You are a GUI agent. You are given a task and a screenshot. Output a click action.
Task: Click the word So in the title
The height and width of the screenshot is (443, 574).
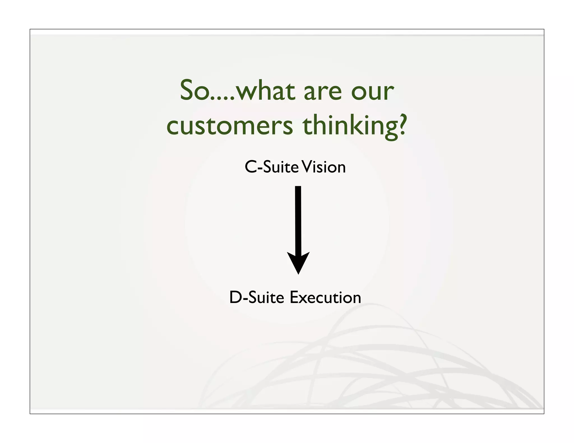click(194, 90)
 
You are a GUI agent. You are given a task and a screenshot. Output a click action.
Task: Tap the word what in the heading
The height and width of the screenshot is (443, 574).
click(265, 90)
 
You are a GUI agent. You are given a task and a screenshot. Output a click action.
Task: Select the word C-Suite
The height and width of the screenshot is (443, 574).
click(272, 167)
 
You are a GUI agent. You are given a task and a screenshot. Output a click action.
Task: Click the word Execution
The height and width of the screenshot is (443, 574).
click(325, 297)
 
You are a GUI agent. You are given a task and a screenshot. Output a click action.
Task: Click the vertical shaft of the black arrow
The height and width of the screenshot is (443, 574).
click(298, 218)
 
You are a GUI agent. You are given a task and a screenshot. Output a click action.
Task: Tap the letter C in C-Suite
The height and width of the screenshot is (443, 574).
click(251, 167)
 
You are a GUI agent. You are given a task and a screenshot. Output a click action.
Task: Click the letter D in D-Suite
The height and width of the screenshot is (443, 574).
click(236, 297)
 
